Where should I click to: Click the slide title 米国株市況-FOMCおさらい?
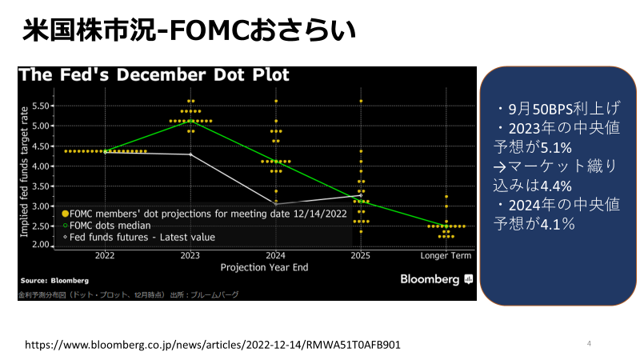(x=189, y=30)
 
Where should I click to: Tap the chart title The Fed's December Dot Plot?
(x=154, y=75)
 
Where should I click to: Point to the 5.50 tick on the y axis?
(x=41, y=106)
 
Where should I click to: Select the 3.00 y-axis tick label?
(x=41, y=206)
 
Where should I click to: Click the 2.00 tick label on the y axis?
(x=41, y=245)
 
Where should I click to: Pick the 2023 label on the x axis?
(x=190, y=256)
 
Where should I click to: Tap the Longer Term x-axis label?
(x=446, y=256)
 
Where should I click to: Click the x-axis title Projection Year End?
(x=265, y=267)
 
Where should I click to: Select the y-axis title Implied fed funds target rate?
(x=24, y=172)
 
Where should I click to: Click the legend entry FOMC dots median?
(x=106, y=226)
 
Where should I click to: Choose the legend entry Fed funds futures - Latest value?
(x=138, y=237)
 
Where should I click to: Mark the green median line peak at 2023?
(x=190, y=121)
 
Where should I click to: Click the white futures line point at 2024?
(x=276, y=204)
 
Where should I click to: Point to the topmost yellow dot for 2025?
(x=361, y=101)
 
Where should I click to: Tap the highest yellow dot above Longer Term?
(x=446, y=197)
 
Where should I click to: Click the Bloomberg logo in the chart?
(x=436, y=279)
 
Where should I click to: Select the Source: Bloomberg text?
(x=54, y=281)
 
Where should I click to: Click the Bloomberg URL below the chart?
(x=213, y=345)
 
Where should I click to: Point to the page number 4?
(x=589, y=343)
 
